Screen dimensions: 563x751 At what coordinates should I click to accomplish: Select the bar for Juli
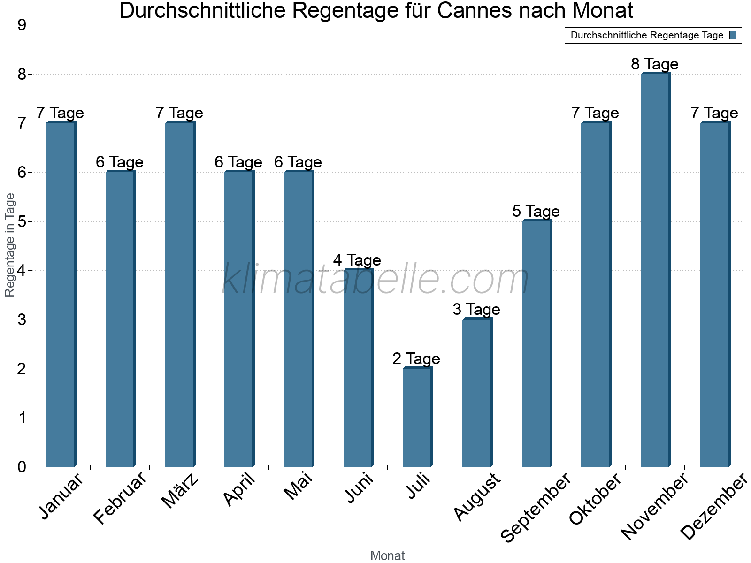(417, 417)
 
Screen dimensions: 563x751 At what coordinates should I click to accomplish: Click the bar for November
(655, 270)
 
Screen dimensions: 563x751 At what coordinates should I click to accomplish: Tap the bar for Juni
(358, 368)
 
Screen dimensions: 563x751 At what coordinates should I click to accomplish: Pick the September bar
(536, 343)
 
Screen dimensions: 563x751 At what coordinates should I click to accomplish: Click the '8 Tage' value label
(655, 64)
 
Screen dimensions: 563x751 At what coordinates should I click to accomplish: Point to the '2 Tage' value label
(416, 359)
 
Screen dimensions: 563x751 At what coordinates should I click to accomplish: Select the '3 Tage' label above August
(476, 310)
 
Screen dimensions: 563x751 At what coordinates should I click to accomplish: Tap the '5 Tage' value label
(536, 212)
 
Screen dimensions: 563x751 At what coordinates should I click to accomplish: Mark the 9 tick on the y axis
(22, 25)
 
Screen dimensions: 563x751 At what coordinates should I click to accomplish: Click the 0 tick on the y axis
(22, 467)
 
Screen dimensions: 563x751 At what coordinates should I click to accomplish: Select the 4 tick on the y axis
(22, 271)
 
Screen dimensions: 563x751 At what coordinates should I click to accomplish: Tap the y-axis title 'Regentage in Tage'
(10, 245)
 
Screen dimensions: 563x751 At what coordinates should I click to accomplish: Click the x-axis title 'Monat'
(387, 555)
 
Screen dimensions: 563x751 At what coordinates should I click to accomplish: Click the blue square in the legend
(733, 35)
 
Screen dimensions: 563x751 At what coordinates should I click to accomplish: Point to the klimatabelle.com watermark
(375, 280)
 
